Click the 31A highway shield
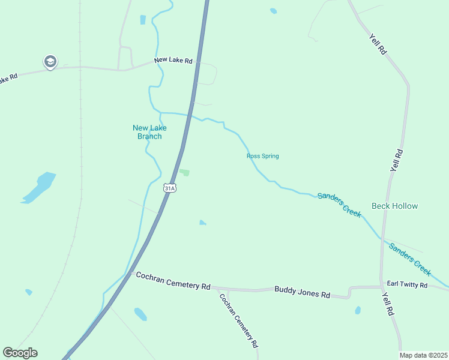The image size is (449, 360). (170, 188)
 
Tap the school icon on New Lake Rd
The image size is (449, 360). (50, 61)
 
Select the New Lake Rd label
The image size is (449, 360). (173, 61)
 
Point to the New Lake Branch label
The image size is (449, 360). (149, 131)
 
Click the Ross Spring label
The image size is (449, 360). (262, 156)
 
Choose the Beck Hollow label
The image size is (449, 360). (394, 206)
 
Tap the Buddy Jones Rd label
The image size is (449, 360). (303, 295)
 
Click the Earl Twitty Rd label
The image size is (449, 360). (407, 284)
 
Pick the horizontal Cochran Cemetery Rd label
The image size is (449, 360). (173, 281)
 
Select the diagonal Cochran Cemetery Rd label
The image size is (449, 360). (238, 320)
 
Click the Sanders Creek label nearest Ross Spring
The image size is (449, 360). (340, 204)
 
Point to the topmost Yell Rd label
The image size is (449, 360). (378, 43)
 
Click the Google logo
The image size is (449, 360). (20, 353)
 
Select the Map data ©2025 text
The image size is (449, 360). (424, 355)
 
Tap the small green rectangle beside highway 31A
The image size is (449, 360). (185, 173)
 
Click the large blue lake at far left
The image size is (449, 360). (40, 187)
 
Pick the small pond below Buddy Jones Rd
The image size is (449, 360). (358, 310)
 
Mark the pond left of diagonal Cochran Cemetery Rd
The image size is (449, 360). (140, 314)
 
